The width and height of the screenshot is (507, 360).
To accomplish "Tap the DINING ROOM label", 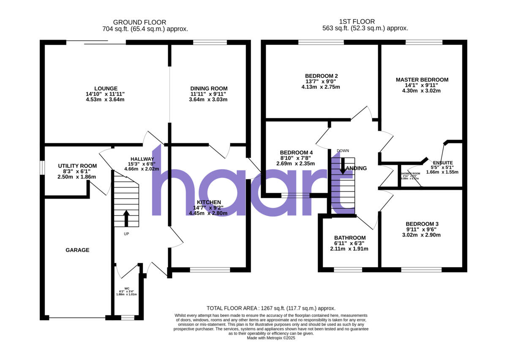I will coord(209,89).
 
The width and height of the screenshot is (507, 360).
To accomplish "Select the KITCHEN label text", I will coord(208,202).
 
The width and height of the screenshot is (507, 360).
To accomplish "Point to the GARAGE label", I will coord(77,250).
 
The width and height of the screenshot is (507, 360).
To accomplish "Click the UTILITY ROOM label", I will coord(77,166).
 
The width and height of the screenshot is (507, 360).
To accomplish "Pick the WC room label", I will coord(126,289).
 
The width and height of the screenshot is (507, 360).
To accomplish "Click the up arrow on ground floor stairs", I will coord(126,218).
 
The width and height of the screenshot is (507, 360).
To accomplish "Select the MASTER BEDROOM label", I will coord(422,80).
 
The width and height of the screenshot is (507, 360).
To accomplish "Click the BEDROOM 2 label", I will coord(322,76).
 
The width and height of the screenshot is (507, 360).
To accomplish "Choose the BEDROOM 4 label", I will coord(296,153).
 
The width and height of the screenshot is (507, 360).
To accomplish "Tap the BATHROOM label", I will coord(349,238).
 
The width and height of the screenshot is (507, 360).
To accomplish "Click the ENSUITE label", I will coord(442,162).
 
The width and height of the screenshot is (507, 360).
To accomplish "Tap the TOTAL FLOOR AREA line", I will coord(271,308).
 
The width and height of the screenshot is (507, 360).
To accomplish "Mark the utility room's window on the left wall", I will coord(42,167).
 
